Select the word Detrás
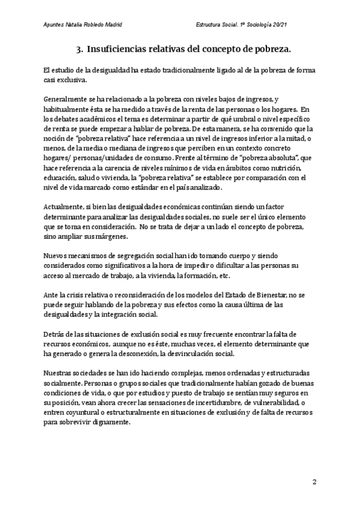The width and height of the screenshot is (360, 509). [56, 334]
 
